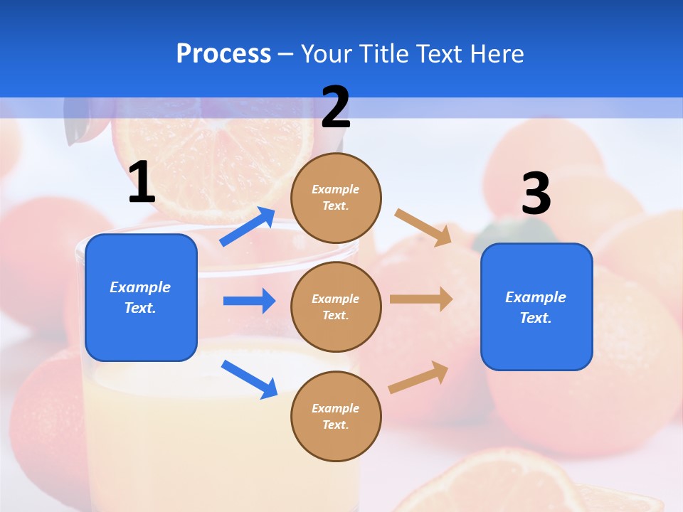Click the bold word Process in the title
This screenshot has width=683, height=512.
coord(223,54)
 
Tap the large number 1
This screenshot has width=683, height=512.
coord(142,183)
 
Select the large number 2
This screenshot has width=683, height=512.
coord(336,107)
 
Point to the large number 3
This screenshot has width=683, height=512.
coord(536,193)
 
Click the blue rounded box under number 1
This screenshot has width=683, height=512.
coord(141,297)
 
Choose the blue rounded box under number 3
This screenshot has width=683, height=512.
coord(536,307)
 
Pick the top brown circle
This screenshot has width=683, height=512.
coord(336,198)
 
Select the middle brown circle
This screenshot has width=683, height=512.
coord(336,306)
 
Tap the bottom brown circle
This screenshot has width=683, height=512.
coord(336,416)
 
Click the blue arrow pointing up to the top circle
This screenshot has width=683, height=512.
coord(248,227)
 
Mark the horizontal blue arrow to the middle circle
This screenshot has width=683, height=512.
coord(249,301)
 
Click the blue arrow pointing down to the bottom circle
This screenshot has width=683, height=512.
coord(249,379)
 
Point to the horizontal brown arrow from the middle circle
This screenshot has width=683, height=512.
coord(421,299)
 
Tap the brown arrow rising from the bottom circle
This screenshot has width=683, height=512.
coord(419,378)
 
